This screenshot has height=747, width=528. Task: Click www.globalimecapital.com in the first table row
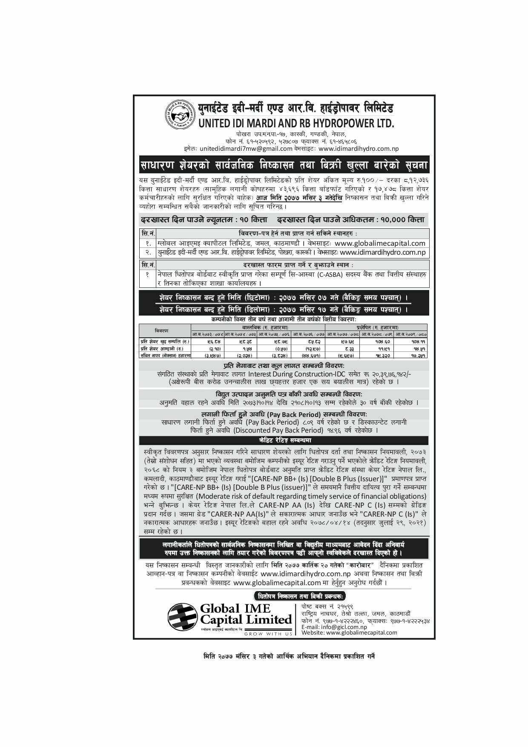380,243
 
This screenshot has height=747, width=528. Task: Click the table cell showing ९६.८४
207,342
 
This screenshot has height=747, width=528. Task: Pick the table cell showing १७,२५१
412,355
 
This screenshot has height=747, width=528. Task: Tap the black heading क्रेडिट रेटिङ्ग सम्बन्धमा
284,440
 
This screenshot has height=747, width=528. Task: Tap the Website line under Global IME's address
349,632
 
